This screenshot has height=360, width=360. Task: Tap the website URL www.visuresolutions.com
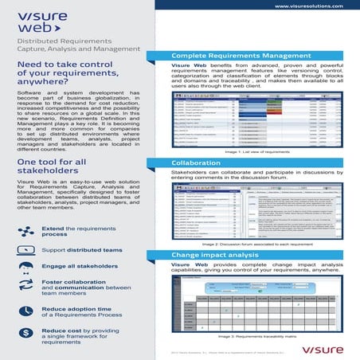click(304, 6)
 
